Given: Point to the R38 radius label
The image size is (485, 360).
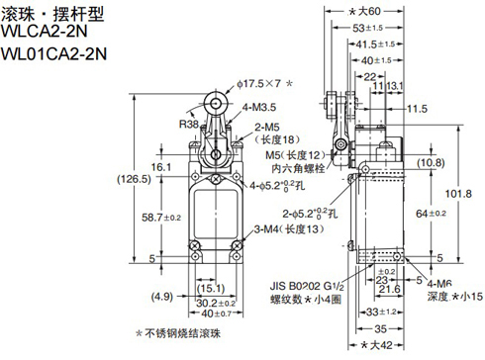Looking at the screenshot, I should pos(189,125).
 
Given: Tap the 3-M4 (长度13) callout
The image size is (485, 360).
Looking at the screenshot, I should pos(286,229).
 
